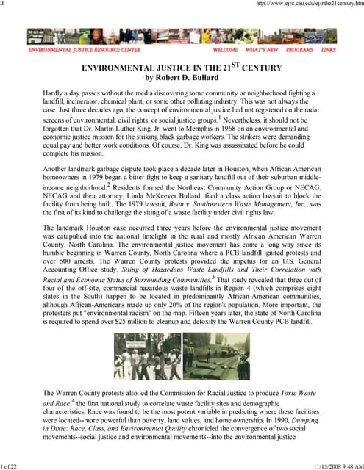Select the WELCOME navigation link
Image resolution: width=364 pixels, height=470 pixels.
tap(225, 50)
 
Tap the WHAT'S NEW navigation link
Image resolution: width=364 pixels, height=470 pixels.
tap(262, 50)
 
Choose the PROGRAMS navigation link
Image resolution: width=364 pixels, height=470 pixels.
tap(299, 50)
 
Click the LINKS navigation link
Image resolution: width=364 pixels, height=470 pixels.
tap(328, 50)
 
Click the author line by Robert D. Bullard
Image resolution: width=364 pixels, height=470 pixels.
tap(182, 77)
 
